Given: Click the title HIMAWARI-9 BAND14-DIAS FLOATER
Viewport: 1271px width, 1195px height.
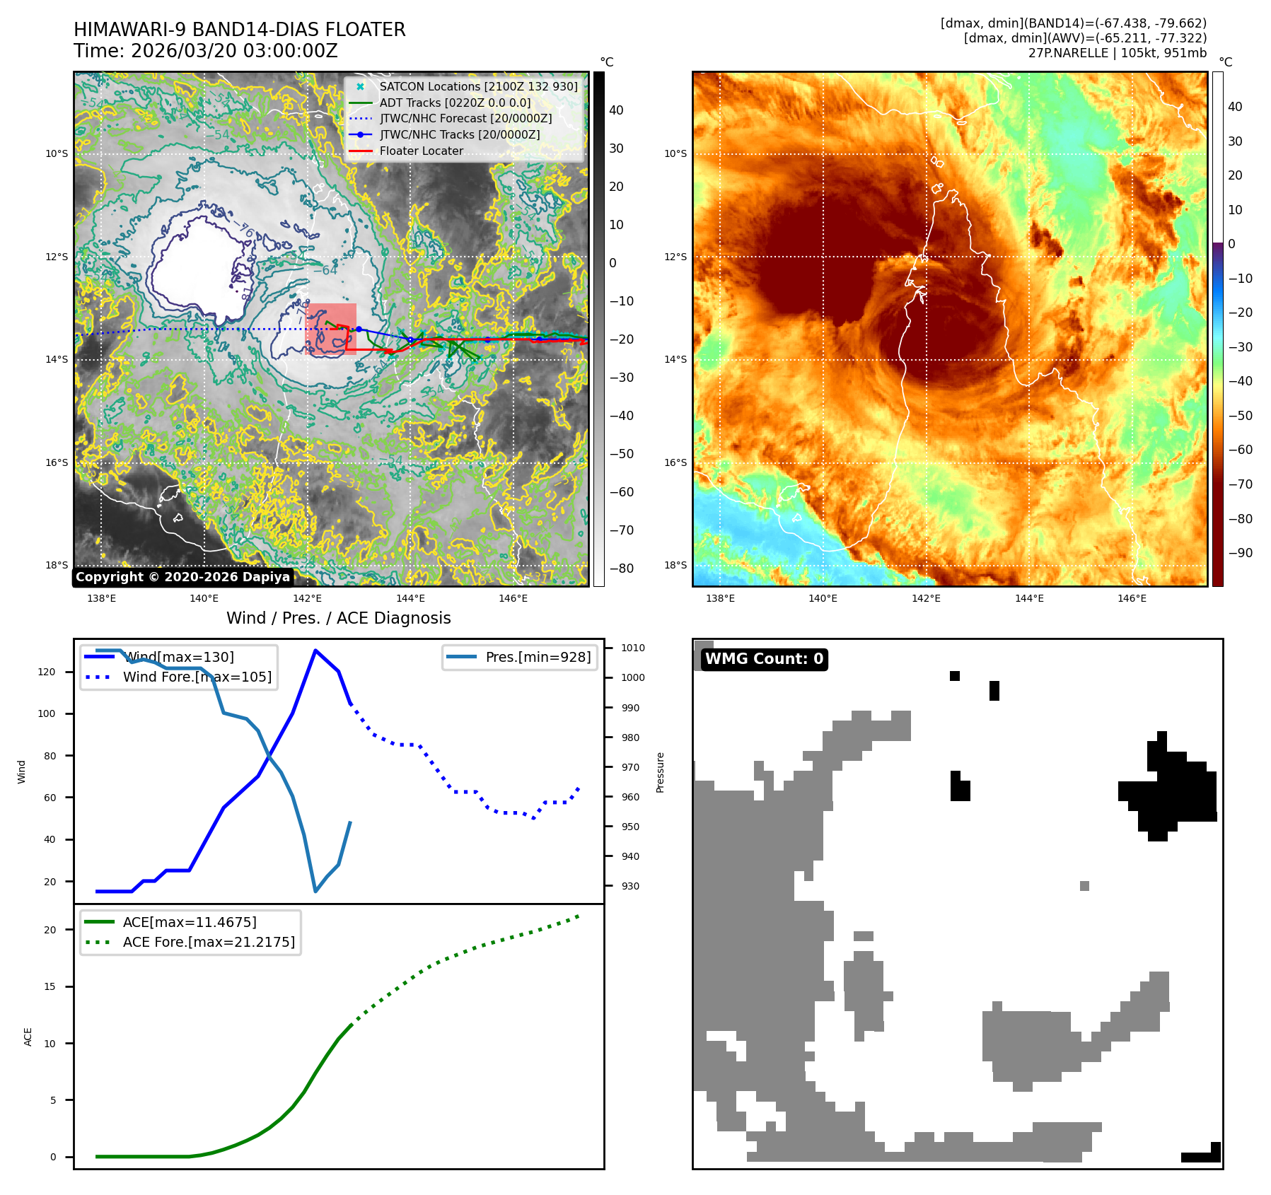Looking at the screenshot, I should coord(239,30).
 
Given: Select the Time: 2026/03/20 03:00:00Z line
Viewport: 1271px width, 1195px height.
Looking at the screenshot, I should coord(205,51).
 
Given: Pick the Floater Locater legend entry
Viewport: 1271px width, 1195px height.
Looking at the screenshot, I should coord(421,151).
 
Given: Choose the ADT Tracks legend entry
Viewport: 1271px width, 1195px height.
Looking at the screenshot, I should coord(455,103).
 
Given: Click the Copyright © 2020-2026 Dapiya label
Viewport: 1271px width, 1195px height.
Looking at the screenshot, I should coord(182,577).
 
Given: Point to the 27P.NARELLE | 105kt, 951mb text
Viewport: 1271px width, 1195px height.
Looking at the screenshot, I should coord(1117,53).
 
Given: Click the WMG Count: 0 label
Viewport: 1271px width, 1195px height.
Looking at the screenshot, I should coord(764,659).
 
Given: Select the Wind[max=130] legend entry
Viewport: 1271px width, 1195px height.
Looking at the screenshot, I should coord(178,657).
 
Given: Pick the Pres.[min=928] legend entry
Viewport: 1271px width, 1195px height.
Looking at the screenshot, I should coord(538,657).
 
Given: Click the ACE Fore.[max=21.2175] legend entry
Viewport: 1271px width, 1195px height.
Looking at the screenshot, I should coord(209,942).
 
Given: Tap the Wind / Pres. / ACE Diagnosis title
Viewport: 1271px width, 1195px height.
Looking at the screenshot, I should coord(338,618).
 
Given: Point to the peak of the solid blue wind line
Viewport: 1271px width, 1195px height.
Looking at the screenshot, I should coord(315,651).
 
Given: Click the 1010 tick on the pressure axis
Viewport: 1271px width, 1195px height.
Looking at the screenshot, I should coord(633,648).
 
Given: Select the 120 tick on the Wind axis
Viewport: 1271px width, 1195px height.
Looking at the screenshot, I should coord(47,672).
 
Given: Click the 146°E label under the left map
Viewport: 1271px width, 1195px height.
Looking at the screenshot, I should coord(513,598).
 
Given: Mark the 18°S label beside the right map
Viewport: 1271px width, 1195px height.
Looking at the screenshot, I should coord(675,565).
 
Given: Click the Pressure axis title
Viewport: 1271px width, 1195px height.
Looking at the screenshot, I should coord(660,772).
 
